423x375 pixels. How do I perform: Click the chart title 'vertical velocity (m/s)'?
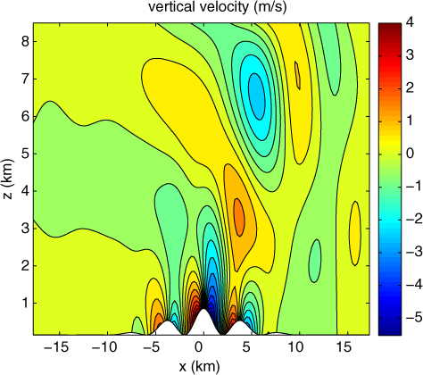[218, 7]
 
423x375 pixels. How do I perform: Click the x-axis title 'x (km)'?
[200, 366]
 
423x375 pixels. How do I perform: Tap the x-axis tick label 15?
[344, 347]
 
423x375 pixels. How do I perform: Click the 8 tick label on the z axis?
[24, 42]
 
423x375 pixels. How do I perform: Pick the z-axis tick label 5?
[24, 154]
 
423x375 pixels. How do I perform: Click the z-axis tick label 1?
[24, 304]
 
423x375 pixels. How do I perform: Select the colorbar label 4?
[410, 23]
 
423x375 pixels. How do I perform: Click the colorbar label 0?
[410, 154]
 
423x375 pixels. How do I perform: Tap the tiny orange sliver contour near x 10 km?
[297, 75]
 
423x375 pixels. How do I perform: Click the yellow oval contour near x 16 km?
[355, 233]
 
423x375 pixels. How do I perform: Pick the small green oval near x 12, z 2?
[315, 261]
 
